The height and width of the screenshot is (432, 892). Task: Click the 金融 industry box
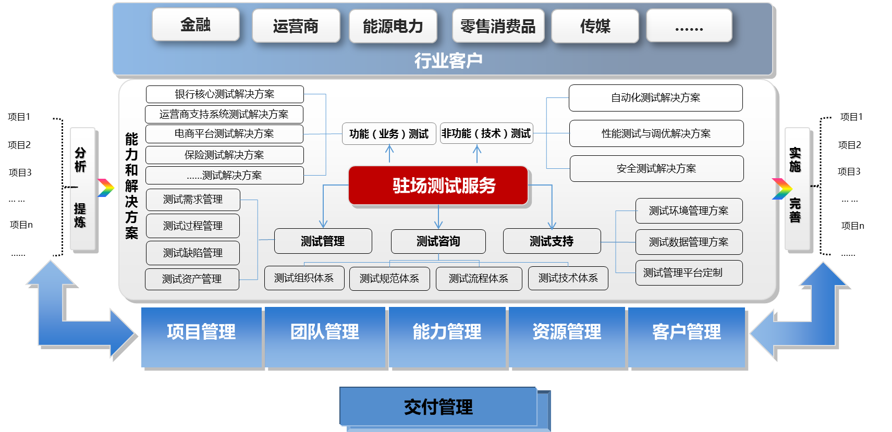pyautogui.click(x=195, y=24)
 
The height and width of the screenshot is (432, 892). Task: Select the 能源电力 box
pyautogui.click(x=393, y=26)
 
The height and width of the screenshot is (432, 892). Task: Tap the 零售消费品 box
pyautogui.click(x=498, y=26)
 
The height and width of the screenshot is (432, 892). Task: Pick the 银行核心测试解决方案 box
pyautogui.click(x=225, y=94)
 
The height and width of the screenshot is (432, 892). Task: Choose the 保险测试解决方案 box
pyautogui.click(x=224, y=155)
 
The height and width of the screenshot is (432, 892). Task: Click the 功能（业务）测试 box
pyautogui.click(x=389, y=134)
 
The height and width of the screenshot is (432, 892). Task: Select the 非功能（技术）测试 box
pyautogui.click(x=486, y=133)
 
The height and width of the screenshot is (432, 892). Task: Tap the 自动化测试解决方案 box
pyautogui.click(x=655, y=98)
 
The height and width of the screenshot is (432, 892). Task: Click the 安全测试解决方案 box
pyautogui.click(x=656, y=168)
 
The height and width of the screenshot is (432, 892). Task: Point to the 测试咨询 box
pyautogui.click(x=438, y=241)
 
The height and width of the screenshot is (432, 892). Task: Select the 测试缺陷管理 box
pyautogui.click(x=193, y=253)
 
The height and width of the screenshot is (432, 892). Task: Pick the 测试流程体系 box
pyautogui.click(x=479, y=278)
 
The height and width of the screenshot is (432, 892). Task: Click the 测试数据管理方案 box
pyautogui.click(x=689, y=242)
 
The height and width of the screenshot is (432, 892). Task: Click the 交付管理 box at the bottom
pyautogui.click(x=438, y=406)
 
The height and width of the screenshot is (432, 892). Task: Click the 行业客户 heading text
pyautogui.click(x=448, y=61)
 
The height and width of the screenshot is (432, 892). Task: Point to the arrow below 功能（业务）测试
pyautogui.click(x=389, y=154)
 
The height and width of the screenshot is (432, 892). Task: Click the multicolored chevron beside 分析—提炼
pyautogui.click(x=106, y=188)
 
